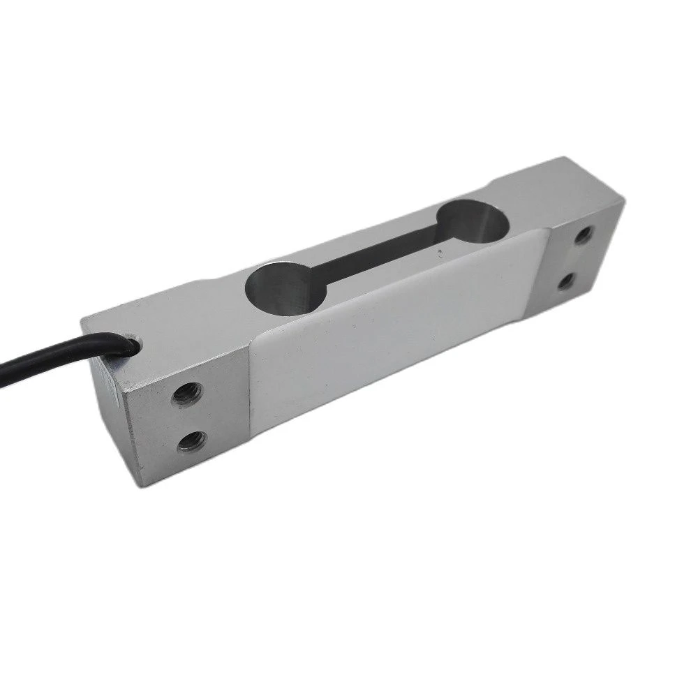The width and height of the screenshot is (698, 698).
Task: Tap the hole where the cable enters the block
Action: point(131,342)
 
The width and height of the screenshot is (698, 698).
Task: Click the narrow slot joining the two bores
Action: point(377,255)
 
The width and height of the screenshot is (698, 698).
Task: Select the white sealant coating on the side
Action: point(391,335)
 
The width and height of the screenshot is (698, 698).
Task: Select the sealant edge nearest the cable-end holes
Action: point(251,391)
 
